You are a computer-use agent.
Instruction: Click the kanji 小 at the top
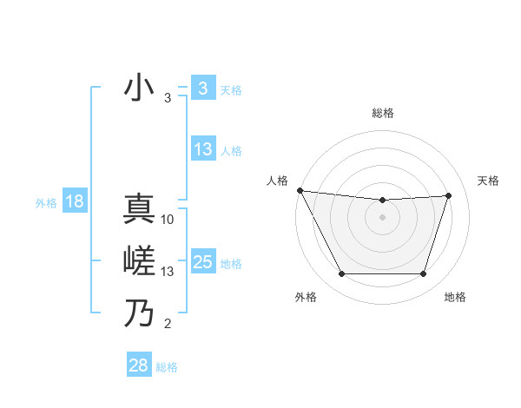(x=139, y=89)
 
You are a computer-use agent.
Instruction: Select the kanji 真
(x=139, y=210)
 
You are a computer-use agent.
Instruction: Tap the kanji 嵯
(x=139, y=261)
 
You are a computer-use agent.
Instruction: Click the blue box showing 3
(x=202, y=89)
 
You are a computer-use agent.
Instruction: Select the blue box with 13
(x=202, y=149)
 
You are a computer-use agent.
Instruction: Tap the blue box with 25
(x=202, y=262)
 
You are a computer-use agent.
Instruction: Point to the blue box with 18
(x=74, y=202)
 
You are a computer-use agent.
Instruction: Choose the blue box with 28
(x=138, y=365)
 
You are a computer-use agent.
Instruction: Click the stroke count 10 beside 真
(x=168, y=220)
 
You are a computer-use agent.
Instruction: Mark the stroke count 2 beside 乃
(x=168, y=325)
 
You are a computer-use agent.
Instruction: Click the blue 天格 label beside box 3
(x=231, y=90)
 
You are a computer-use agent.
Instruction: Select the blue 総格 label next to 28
(x=167, y=367)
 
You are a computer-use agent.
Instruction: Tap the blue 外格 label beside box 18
(x=45, y=203)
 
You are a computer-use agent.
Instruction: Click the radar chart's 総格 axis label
(x=382, y=113)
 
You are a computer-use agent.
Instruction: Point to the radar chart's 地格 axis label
(x=455, y=297)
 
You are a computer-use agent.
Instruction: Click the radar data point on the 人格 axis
(x=300, y=190)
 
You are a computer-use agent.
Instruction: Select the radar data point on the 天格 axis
(x=448, y=195)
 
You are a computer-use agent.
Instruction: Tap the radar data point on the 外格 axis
(x=341, y=274)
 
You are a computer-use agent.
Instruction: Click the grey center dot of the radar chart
(x=382, y=217)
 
